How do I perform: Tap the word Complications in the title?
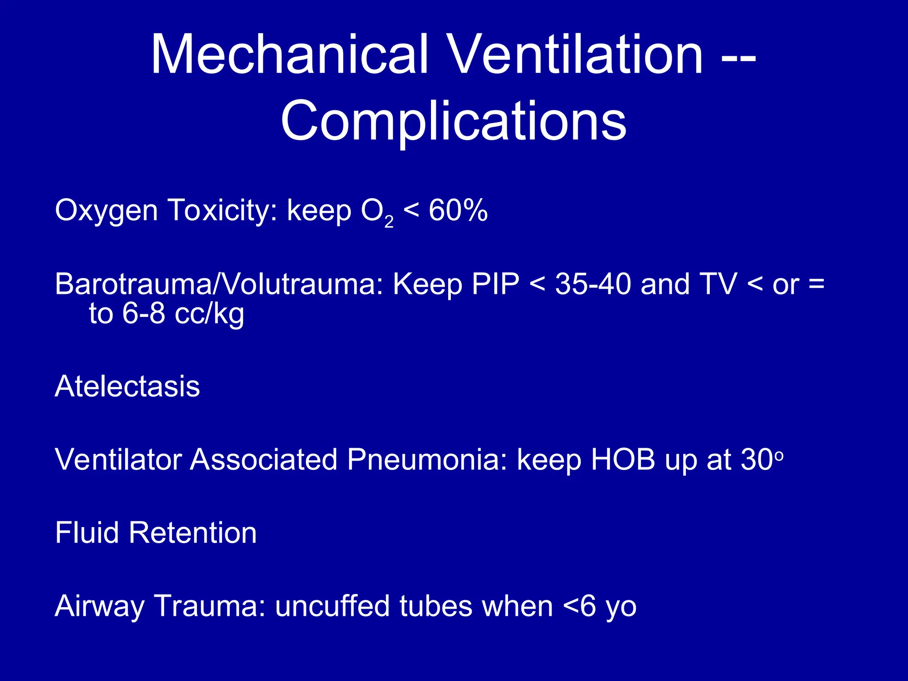coord(454,121)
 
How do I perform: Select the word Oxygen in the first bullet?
coord(106,211)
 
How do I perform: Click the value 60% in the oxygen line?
coord(458,210)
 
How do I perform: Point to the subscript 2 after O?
coord(389,222)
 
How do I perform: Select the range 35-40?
coord(593,284)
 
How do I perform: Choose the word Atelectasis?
coord(127,386)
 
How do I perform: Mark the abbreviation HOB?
coord(623,459)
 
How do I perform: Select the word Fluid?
coord(87,532)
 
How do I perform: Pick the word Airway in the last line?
coord(99,607)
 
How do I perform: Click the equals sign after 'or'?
coord(816,284)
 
